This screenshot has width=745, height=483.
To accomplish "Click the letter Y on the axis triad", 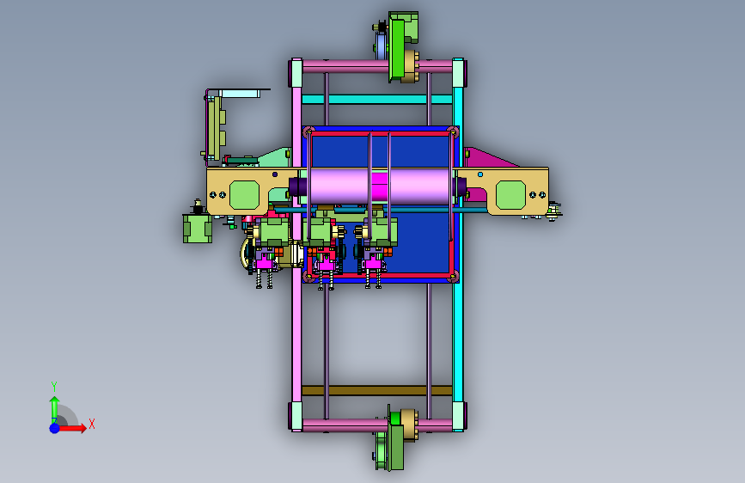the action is [54, 386].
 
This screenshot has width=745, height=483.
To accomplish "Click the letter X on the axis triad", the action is [92, 424].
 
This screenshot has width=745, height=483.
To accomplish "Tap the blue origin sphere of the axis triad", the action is [55, 428].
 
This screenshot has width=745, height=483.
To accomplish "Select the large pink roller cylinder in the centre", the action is [379, 186].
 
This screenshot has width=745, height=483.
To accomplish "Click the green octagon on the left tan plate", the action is [244, 195].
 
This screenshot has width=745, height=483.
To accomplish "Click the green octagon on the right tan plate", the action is [510, 195].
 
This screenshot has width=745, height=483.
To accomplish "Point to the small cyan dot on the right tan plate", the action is [480, 174].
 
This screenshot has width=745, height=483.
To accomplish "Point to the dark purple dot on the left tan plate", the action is [275, 174].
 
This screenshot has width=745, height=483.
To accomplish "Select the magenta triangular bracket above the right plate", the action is [487, 158].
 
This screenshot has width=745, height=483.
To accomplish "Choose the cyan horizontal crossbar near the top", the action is [377, 100].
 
